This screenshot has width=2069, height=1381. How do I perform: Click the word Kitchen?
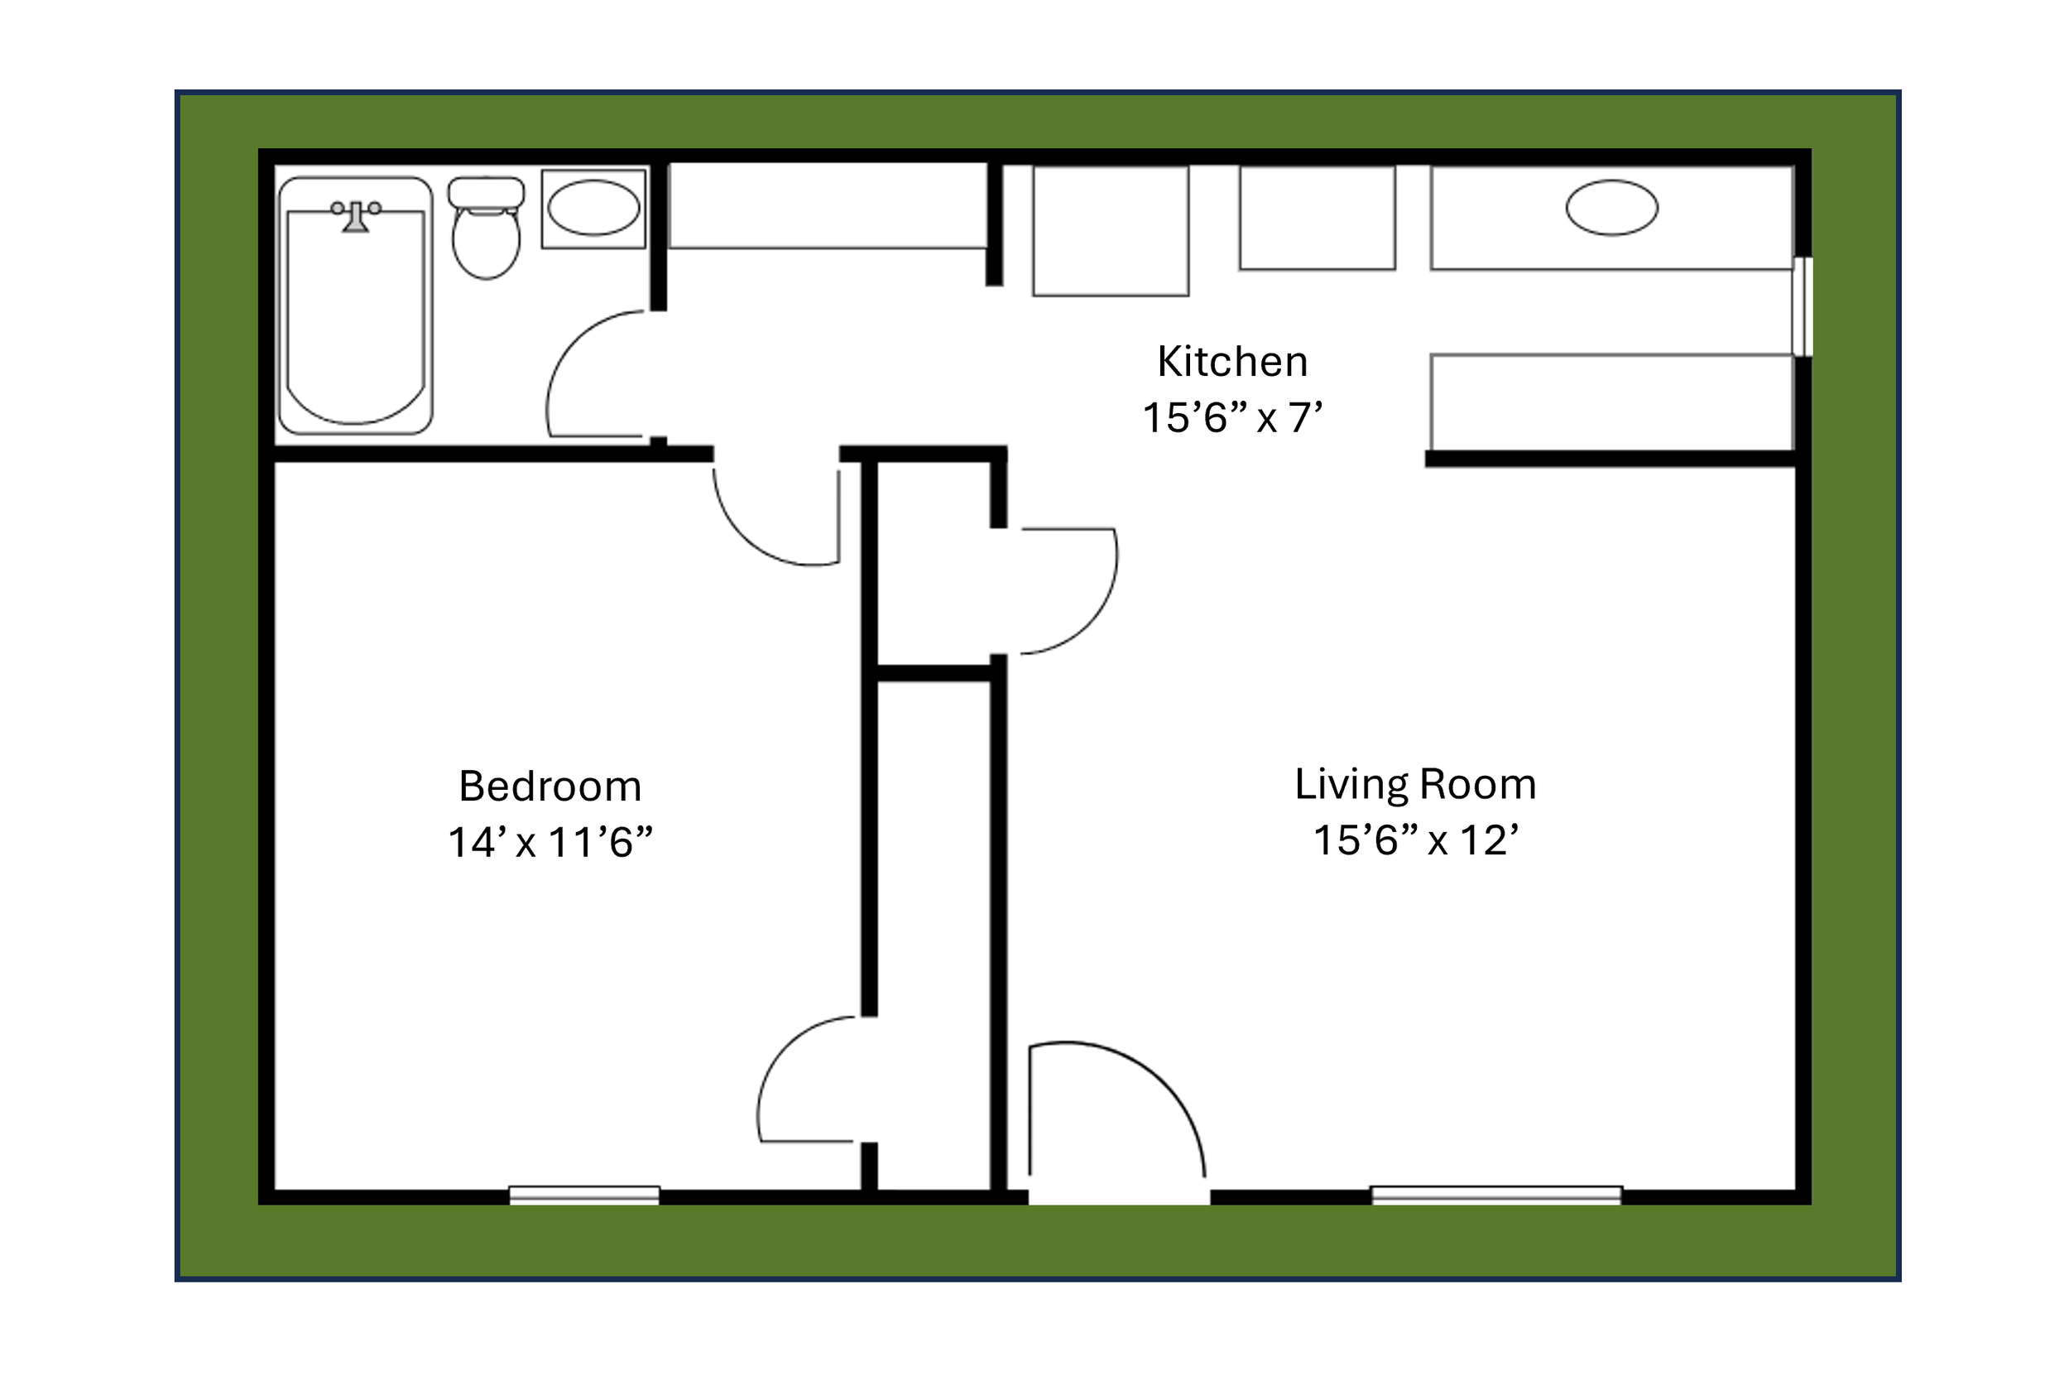pos(1231,362)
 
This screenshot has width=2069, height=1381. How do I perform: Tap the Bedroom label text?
pos(550,787)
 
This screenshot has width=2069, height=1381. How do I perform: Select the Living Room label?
pos(1415,784)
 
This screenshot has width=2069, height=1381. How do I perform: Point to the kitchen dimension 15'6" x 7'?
pos(1231,417)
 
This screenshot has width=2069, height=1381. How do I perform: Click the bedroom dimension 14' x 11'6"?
pos(550,842)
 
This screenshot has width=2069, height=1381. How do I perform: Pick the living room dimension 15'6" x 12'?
pos(1415,840)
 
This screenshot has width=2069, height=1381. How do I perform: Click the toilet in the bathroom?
pos(486,243)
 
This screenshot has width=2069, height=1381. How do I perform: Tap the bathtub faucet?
pos(356,216)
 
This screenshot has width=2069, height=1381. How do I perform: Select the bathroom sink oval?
pos(593,208)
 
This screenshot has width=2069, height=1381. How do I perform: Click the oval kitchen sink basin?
pos(1611,208)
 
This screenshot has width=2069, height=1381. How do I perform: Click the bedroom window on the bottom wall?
pos(583,1196)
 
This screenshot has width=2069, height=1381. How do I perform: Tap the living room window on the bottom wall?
pos(1495,1196)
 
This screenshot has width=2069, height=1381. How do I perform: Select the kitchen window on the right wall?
pos(1803,306)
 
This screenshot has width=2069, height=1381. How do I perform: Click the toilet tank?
pos(486,192)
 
